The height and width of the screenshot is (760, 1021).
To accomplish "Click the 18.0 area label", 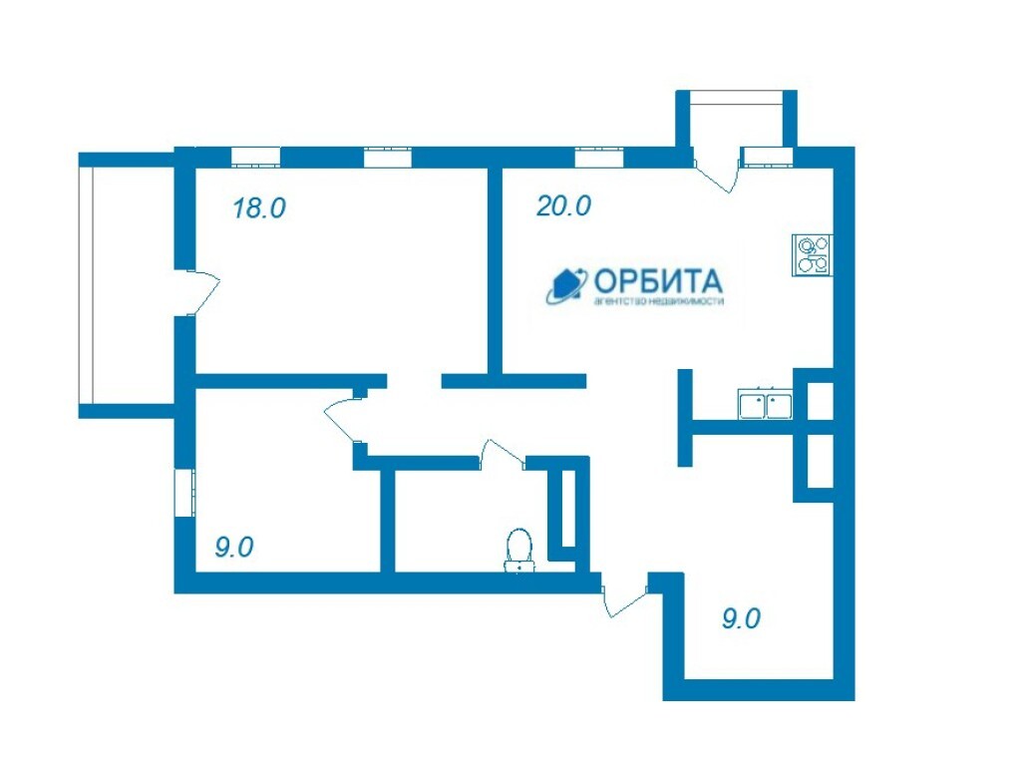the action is tap(259, 208).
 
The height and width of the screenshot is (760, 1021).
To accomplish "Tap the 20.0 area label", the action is tap(564, 205).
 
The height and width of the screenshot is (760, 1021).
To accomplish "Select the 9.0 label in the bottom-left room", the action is tap(233, 547).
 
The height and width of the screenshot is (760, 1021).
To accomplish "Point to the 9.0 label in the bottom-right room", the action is tap(741, 618).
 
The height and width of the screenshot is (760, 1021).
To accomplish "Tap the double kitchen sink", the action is tap(765, 404).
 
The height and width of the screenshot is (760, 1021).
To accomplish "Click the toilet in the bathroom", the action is tap(518, 551).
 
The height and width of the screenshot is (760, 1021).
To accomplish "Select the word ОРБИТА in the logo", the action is tap(658, 280).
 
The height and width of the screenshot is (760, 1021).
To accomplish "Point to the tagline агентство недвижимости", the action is tap(658, 302).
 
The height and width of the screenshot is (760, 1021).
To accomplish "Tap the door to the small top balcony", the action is tap(716, 171).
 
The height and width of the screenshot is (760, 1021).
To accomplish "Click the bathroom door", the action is tap(502, 455).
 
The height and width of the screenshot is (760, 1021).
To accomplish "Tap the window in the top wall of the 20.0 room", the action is tap(599, 158).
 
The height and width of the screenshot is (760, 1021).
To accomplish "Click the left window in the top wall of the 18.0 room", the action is tap(256, 158).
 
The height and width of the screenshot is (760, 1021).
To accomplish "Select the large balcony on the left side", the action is tap(127, 285).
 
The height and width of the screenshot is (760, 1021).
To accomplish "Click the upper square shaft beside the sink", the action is tap(820, 400).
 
